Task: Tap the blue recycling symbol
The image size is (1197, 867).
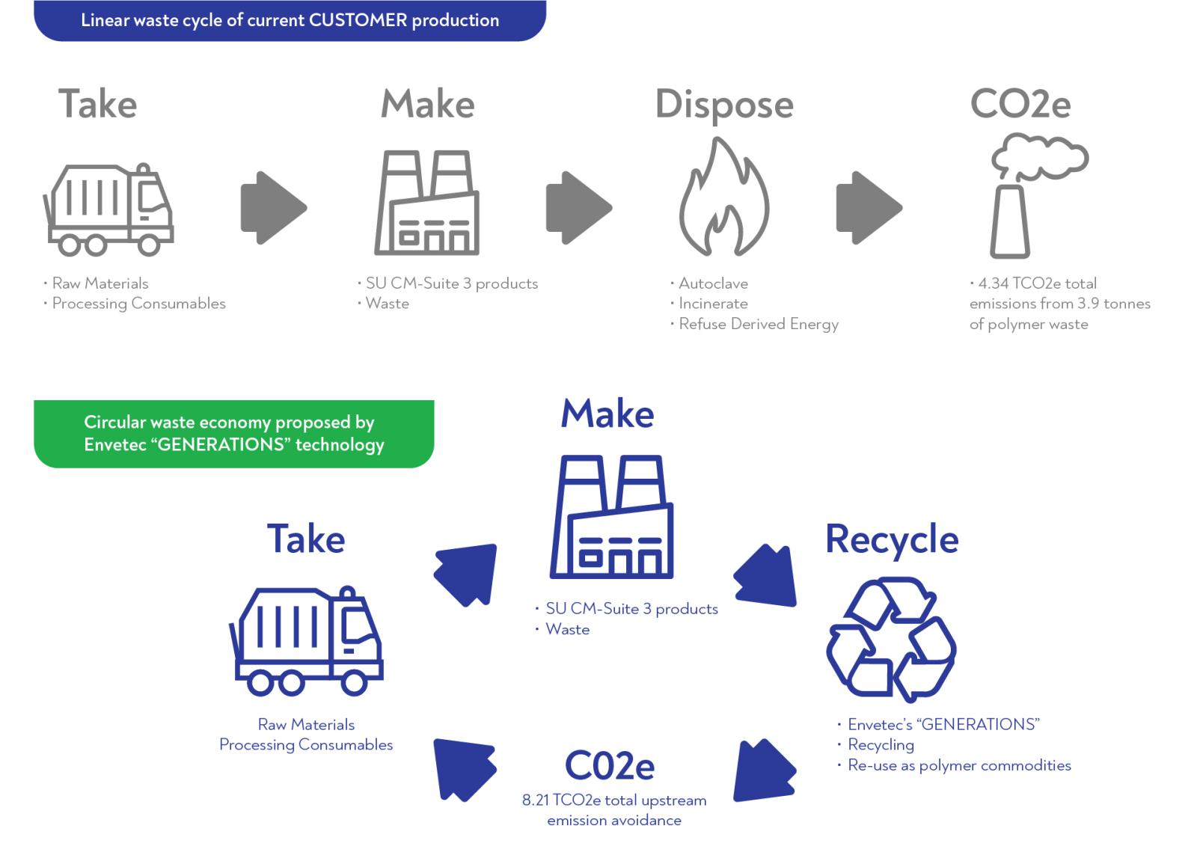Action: tap(890, 639)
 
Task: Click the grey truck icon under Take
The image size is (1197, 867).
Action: tap(109, 209)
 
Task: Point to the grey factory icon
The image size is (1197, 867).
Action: tap(427, 203)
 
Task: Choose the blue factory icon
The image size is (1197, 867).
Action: tap(611, 517)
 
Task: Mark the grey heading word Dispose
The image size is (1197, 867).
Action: tap(723, 105)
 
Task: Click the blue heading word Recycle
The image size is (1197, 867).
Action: tap(891, 539)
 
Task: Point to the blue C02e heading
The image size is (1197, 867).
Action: tap(609, 765)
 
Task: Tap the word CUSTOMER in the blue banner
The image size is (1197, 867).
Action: tap(358, 20)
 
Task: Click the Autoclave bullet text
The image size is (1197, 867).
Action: tap(713, 284)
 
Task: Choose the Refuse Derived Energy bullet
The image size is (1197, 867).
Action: tap(758, 324)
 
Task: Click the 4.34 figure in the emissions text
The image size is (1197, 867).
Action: tap(993, 284)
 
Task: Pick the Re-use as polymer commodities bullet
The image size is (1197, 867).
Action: tap(958, 765)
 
